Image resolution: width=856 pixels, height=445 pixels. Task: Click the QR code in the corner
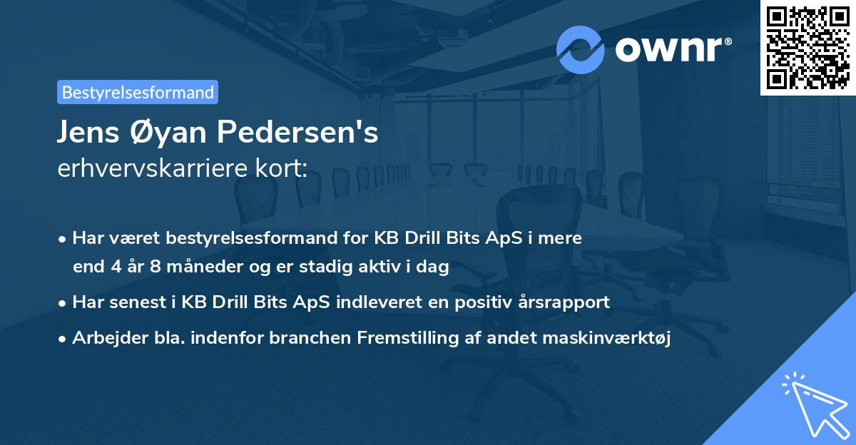pos(807,47)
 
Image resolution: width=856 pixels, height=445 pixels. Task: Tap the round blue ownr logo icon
pos(580,50)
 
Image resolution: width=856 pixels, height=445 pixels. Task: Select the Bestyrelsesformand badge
pos(138,92)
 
